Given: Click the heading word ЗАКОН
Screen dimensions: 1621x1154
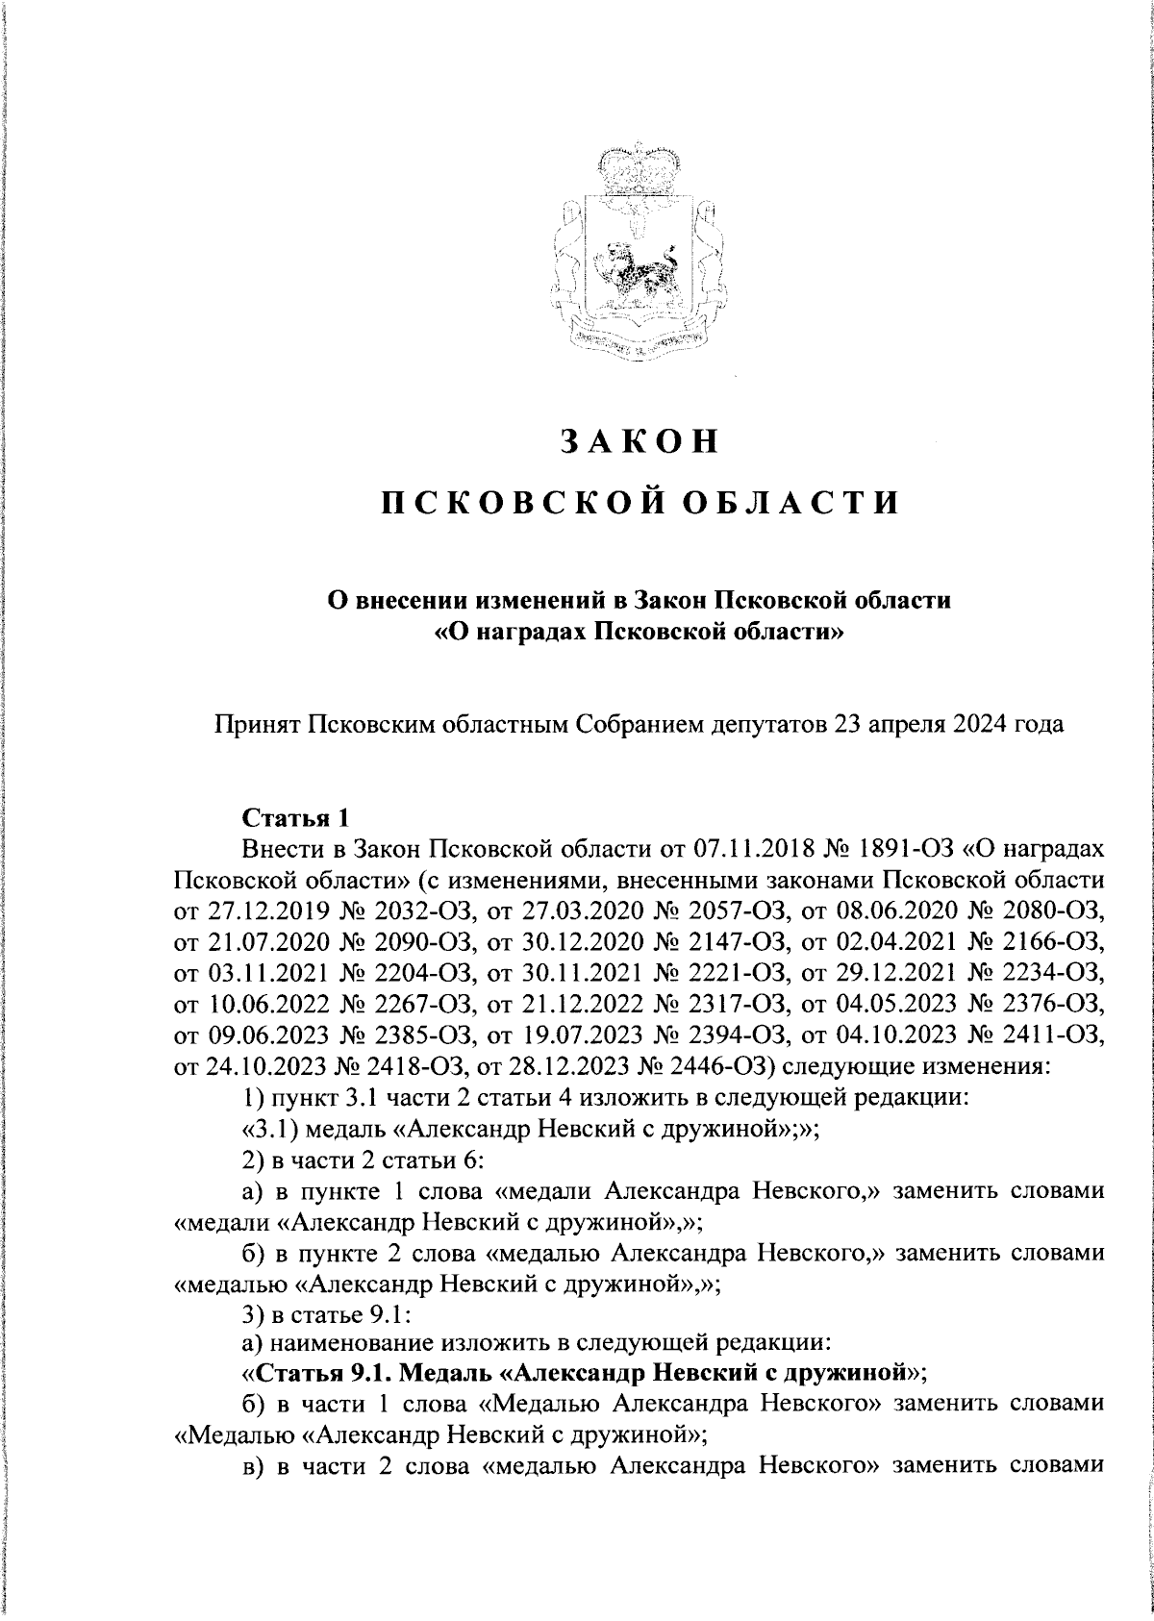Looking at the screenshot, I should coord(640,440).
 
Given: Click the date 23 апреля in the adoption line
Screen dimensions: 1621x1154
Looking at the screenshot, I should coord(868,723).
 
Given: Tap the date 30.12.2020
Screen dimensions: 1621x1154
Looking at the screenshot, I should coord(563,938).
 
